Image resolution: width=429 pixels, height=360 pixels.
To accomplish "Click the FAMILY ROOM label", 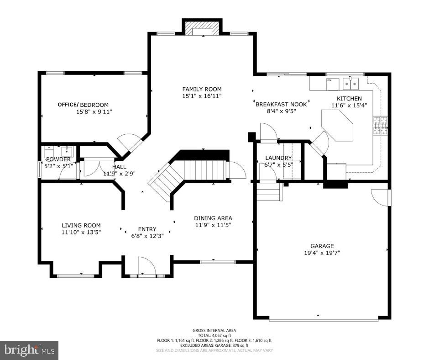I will click(x=202, y=89).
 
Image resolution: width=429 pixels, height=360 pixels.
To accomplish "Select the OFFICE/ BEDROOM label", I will click(x=83, y=105).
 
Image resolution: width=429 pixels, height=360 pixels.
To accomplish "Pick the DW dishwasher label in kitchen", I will click(x=329, y=80).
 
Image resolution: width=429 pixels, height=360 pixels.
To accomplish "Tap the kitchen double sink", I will click(x=351, y=84).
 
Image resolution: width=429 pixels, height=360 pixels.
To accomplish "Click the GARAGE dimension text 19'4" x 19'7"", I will click(x=322, y=253).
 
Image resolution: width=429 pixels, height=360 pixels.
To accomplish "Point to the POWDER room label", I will click(x=58, y=159).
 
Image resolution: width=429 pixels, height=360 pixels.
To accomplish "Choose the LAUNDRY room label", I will click(x=278, y=158).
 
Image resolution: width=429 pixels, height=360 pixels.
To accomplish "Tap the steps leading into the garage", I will click(x=269, y=191).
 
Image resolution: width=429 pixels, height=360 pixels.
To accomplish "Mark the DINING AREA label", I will click(x=213, y=218).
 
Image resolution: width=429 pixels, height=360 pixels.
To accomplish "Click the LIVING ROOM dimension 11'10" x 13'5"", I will click(x=81, y=232).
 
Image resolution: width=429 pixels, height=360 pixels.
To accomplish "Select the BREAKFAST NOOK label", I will click(x=281, y=104).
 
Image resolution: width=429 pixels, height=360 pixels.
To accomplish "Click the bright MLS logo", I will click(x=29, y=350).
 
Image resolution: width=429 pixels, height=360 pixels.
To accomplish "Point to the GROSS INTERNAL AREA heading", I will click(x=214, y=330).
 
